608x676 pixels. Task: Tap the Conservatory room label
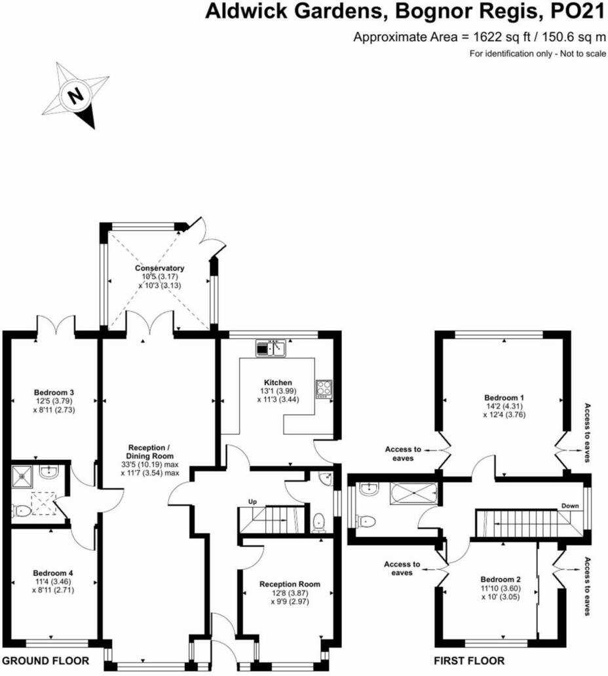[159, 268]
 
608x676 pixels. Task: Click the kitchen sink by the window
[271, 348]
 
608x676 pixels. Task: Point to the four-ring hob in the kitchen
[324, 388]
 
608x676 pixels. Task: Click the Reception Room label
[289, 584]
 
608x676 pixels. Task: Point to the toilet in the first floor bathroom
[366, 521]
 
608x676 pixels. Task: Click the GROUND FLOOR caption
[45, 660]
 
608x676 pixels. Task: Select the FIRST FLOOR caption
[469, 660]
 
